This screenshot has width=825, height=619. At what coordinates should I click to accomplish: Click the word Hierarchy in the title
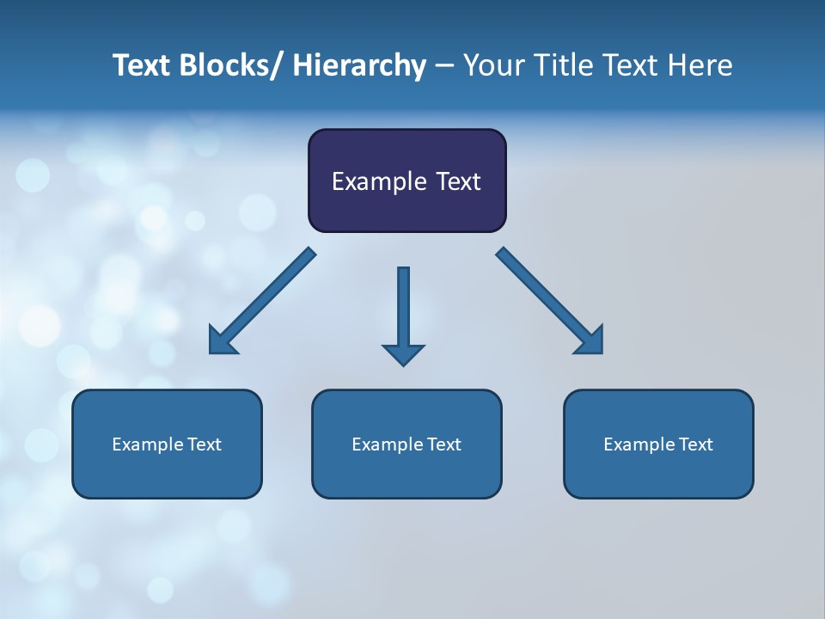tap(359, 66)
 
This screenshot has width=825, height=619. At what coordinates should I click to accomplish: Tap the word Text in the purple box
tap(455, 181)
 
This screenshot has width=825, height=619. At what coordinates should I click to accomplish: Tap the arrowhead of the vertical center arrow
tap(403, 353)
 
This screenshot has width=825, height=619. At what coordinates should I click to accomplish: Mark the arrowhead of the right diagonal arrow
tap(590, 341)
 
